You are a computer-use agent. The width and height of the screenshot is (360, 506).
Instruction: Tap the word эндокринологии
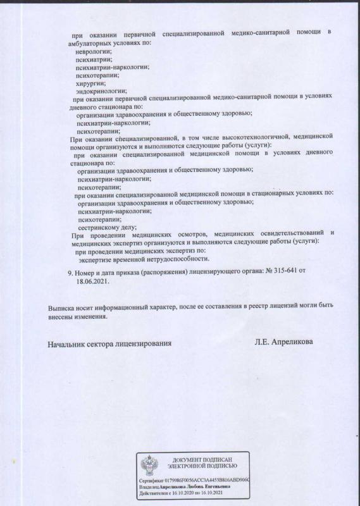101,92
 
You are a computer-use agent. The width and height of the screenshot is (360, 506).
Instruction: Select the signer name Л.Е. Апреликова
283,342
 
